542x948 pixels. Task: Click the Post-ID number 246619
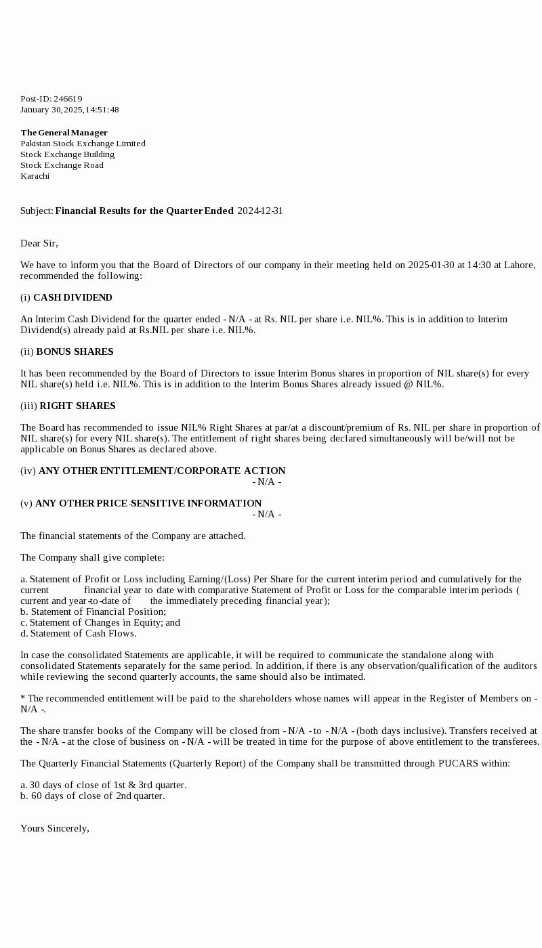click(x=68, y=99)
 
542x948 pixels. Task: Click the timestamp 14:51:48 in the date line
click(x=102, y=110)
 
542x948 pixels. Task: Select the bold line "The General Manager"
click(x=64, y=133)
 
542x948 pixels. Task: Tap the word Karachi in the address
click(x=35, y=176)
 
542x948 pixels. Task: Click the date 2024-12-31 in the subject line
click(x=260, y=211)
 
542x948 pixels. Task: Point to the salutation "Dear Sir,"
click(x=39, y=243)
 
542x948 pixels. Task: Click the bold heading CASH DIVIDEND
click(x=72, y=297)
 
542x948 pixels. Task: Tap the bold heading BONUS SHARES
click(x=75, y=351)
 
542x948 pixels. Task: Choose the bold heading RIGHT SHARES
click(x=77, y=406)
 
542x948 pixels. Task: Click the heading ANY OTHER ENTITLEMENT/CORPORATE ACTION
click(x=162, y=471)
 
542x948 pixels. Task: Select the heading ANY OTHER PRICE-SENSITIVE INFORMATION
click(x=148, y=503)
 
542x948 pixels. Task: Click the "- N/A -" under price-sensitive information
click(x=267, y=514)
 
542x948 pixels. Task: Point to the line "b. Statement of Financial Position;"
click(x=93, y=611)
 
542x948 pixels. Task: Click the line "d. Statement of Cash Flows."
click(x=78, y=633)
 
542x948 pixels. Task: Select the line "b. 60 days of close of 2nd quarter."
click(x=92, y=796)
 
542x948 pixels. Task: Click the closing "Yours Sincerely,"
click(x=55, y=828)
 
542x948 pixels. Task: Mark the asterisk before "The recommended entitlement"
click(x=23, y=697)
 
